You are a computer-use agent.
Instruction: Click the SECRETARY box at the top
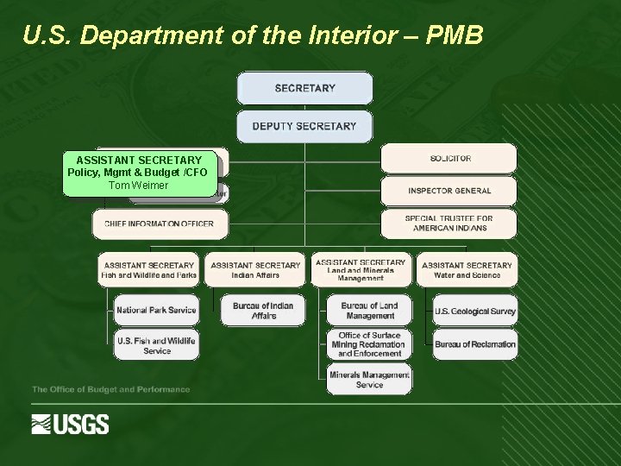[x=304, y=88]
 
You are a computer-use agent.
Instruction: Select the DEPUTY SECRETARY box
[x=304, y=126]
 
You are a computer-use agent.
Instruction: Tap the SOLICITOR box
[x=449, y=159]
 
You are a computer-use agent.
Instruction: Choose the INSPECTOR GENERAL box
[x=449, y=191]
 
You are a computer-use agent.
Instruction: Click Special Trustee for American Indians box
[x=449, y=224]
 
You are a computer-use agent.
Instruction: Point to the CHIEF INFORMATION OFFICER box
[x=159, y=224]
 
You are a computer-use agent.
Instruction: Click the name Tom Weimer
[x=139, y=185]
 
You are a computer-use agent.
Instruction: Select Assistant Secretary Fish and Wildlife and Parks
[x=148, y=270]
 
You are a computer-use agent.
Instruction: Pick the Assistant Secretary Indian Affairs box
[x=255, y=270]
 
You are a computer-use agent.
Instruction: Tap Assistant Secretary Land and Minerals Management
[x=361, y=269]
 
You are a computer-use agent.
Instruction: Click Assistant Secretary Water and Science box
[x=467, y=270]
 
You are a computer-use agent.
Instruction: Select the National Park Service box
[x=156, y=310]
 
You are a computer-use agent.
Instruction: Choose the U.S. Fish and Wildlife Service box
[x=156, y=345]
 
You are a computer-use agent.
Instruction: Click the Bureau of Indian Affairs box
[x=263, y=311]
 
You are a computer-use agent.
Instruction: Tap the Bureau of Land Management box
[x=369, y=311]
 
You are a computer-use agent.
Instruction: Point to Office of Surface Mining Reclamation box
[x=369, y=344]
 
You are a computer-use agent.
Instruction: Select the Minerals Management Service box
[x=369, y=380]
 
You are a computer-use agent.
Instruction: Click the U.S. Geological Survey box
[x=475, y=311]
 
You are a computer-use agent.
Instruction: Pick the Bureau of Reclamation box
[x=475, y=344]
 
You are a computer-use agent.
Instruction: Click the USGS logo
[x=71, y=424]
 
